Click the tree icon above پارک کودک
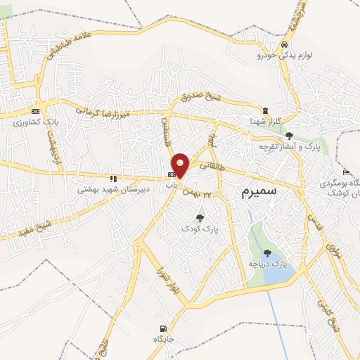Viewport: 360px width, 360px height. click(200, 218)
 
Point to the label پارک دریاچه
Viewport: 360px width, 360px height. click(268, 263)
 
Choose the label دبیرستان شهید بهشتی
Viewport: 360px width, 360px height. click(105, 189)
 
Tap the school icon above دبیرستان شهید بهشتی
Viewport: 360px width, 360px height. click(113, 179)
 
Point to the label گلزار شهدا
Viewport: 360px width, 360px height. click(265, 121)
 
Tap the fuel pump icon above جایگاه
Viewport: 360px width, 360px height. click(164, 328)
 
